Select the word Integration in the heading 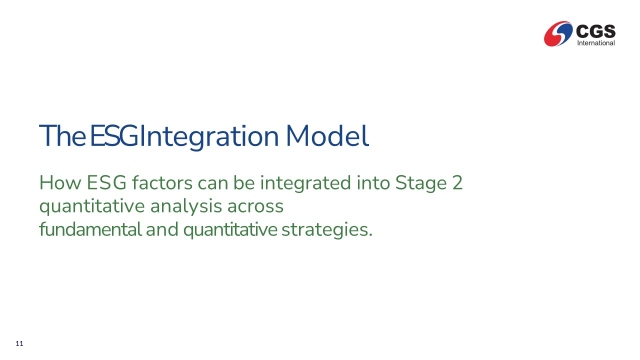coord(209,137)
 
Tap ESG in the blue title coord(114,135)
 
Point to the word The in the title coord(62,135)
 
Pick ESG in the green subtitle coord(106,182)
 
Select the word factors coord(162,182)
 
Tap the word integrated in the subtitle coord(305,183)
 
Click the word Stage coord(421,183)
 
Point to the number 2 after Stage coord(457,182)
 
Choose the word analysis coord(186,206)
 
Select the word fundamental coord(90,229)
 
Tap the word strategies coord(327,230)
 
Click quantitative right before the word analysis coord(92,206)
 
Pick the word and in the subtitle coord(162,229)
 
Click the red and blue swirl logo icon coord(558,33)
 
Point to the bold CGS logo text coord(595,31)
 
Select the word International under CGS coord(596,43)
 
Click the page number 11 coord(19,343)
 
